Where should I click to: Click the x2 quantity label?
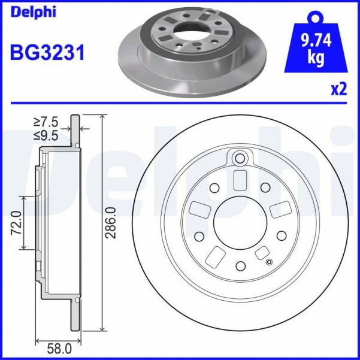pyautogui.click(x=339, y=90)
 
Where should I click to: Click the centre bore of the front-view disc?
pyautogui.click(x=240, y=223)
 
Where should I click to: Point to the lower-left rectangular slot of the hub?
pyautogui.click(x=214, y=256)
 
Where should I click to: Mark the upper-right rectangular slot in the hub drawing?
pyautogui.click(x=279, y=211)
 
